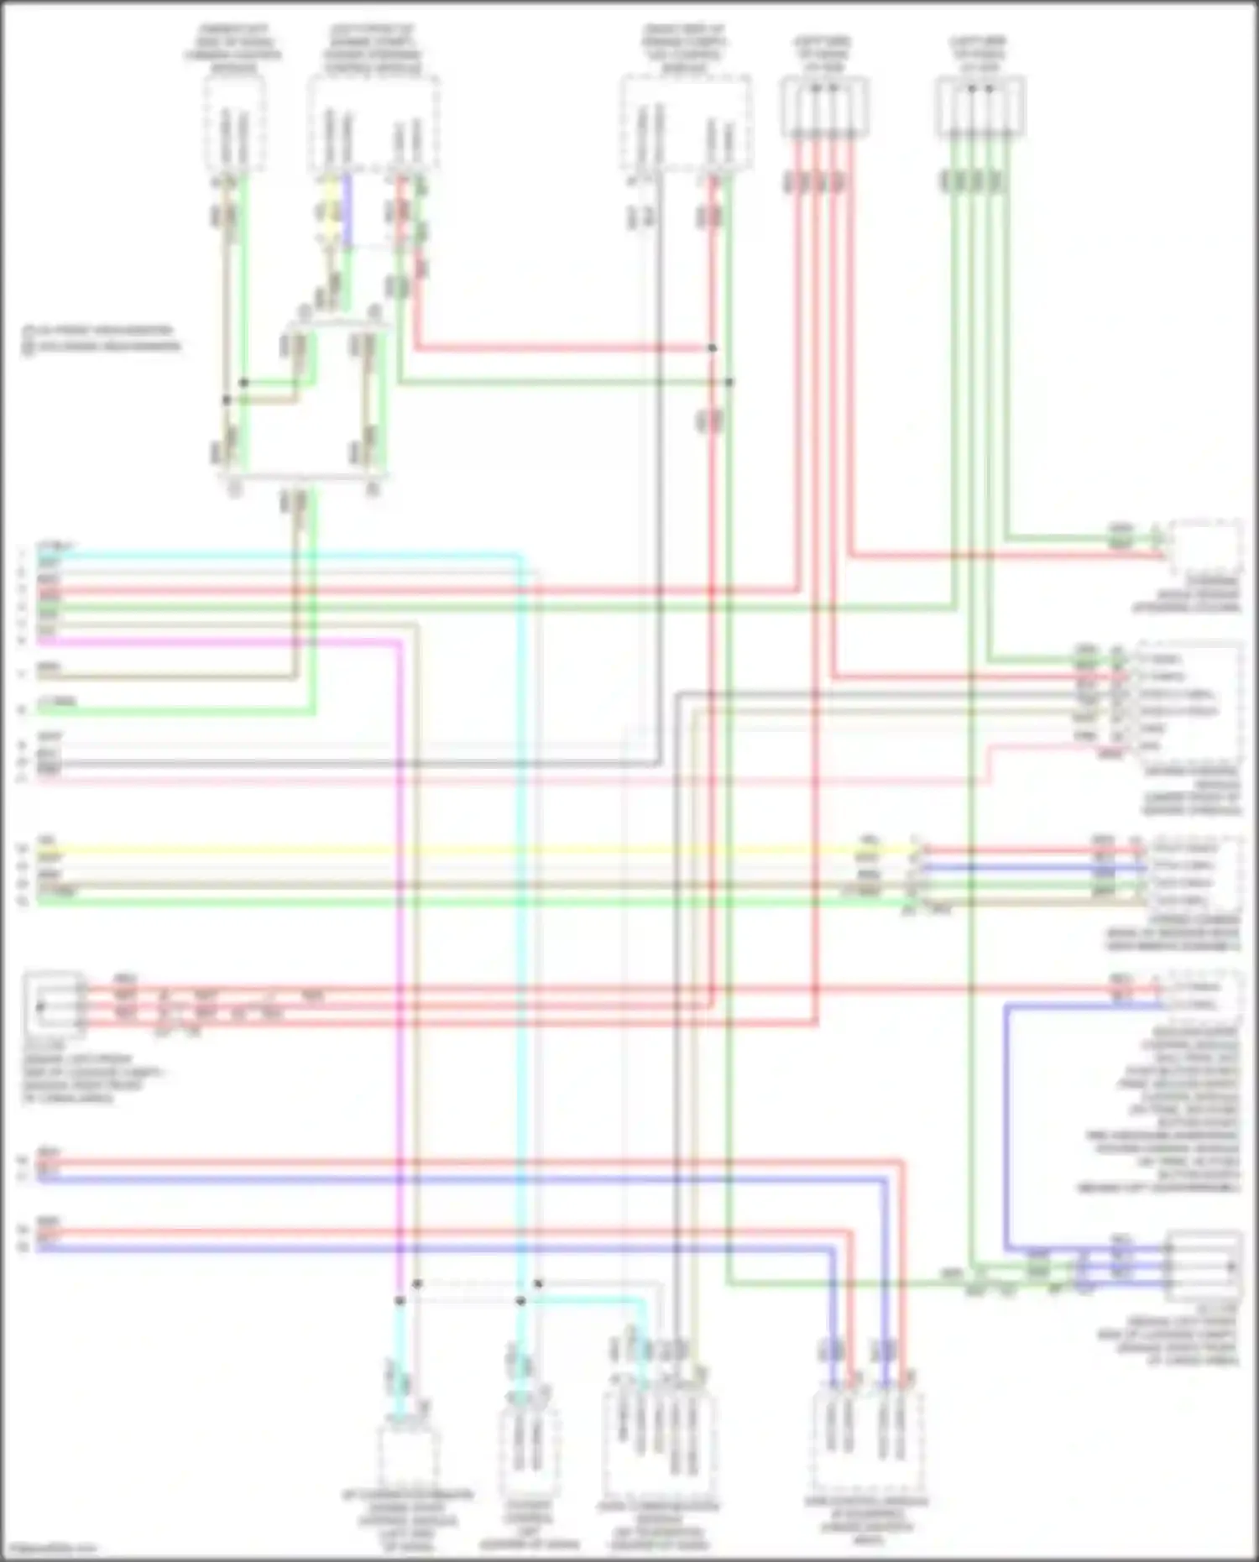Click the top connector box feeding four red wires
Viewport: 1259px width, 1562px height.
tap(824, 107)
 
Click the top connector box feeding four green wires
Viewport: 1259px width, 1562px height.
tap(980, 107)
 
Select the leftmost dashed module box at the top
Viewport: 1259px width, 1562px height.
tap(234, 126)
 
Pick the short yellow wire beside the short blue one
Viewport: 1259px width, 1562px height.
tap(330, 210)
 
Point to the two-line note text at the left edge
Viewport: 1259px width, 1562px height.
tap(101, 338)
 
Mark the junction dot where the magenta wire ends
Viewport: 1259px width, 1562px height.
tap(400, 1301)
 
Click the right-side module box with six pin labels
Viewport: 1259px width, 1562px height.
tap(1189, 702)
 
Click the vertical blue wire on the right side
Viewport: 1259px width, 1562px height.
tap(1006, 1125)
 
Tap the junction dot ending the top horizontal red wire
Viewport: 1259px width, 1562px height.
tap(712, 347)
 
